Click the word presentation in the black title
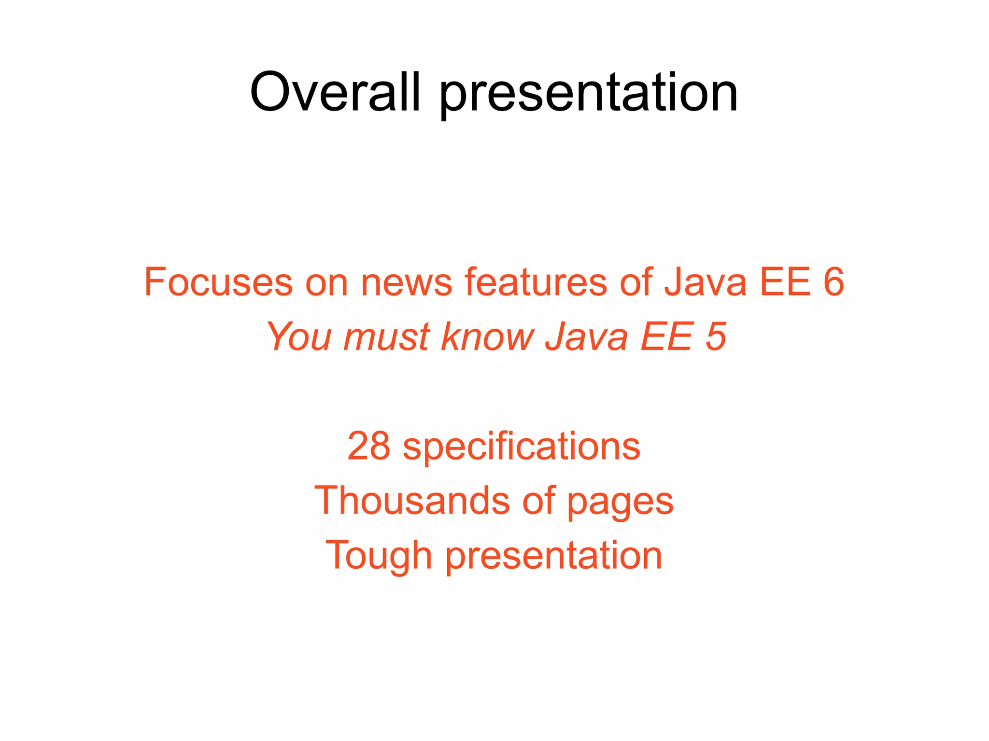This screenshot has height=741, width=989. point(588,94)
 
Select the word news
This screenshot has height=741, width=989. point(407,282)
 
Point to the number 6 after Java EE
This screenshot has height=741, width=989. point(834,282)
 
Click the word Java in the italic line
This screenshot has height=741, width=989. point(586,336)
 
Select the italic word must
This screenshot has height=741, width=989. point(386,336)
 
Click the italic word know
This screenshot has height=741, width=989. point(488,336)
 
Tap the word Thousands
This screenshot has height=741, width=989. point(412,501)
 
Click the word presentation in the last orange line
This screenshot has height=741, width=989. point(553,556)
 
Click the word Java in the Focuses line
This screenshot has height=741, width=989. point(706,282)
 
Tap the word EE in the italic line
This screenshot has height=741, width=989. point(666,336)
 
